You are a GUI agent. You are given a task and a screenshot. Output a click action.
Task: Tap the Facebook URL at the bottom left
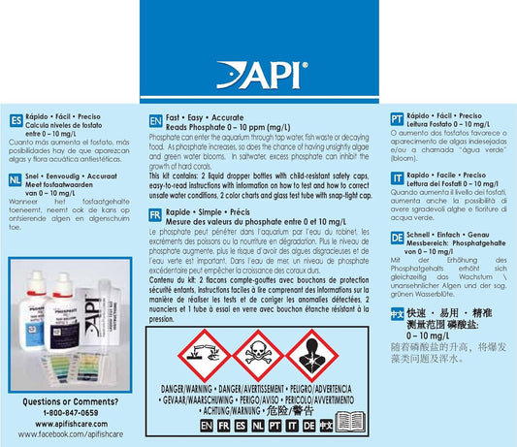[x=64, y=437]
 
